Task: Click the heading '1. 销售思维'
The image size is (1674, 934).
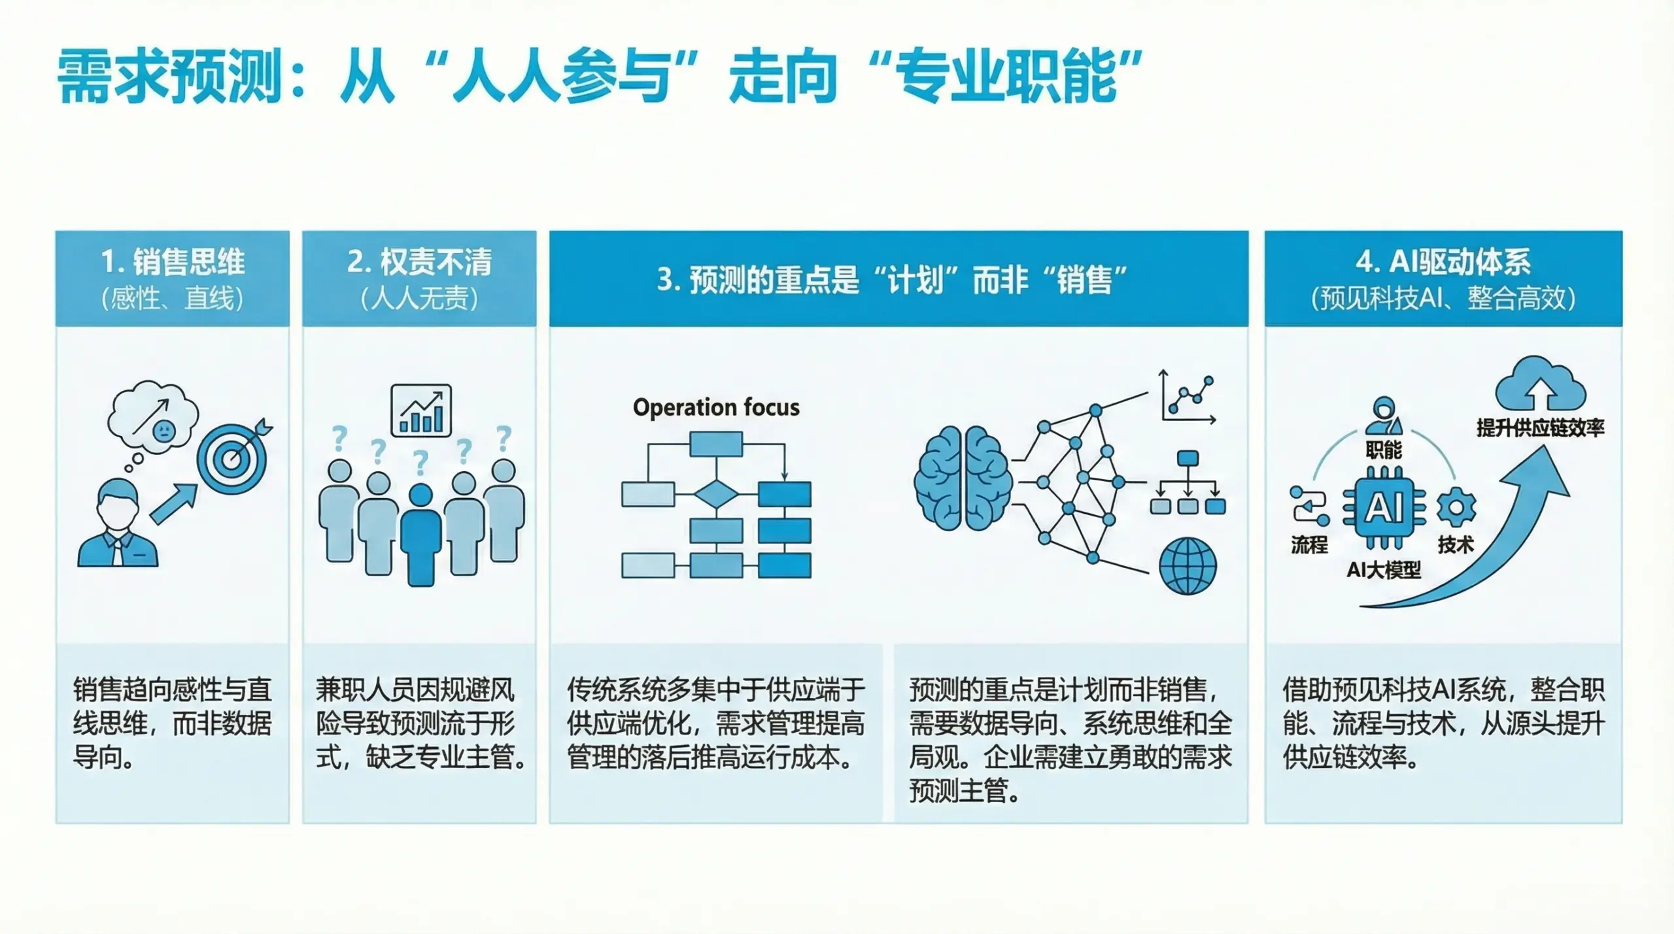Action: (173, 262)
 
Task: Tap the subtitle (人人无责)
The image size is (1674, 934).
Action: (419, 299)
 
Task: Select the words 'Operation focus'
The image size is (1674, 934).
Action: (716, 407)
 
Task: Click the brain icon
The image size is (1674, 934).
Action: (962, 478)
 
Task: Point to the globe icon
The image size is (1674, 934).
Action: (1187, 566)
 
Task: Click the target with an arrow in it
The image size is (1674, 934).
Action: (232, 458)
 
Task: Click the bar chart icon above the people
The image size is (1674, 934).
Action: (421, 410)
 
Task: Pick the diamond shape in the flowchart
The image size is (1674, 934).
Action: (716, 494)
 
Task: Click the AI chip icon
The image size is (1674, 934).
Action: (1384, 508)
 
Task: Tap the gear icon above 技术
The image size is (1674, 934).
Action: (1456, 507)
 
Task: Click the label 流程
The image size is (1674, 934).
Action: (1309, 544)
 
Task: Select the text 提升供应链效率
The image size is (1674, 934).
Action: (1540, 428)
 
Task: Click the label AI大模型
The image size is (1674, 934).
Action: (1384, 570)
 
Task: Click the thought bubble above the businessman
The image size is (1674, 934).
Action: (154, 416)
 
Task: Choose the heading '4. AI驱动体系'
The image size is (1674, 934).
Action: (1443, 262)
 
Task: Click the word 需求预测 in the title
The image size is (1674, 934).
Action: (169, 77)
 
